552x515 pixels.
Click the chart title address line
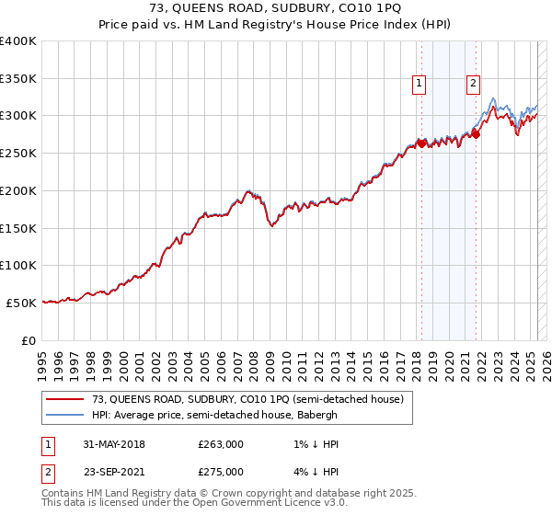coord(275,11)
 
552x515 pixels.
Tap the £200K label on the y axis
coord(18,190)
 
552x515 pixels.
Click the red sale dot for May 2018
coord(421,143)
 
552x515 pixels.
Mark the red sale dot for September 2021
coord(476,134)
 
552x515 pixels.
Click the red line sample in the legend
coord(65,400)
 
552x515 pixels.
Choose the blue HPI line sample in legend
coord(65,415)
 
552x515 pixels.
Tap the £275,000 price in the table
coord(220,471)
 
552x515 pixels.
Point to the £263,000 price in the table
coord(220,444)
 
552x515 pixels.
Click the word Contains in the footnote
coord(63,495)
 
